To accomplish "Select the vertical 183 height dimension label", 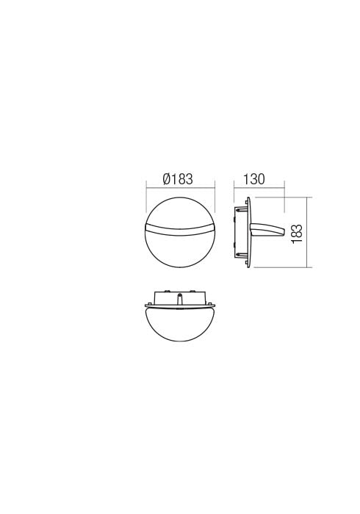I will click(x=298, y=232).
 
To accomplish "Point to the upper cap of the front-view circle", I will click(x=180, y=214).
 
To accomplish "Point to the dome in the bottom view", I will click(x=180, y=323).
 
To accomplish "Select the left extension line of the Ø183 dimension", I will click(x=147, y=198).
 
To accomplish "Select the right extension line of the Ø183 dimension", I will click(x=214, y=198).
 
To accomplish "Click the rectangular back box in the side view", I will click(x=240, y=232).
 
